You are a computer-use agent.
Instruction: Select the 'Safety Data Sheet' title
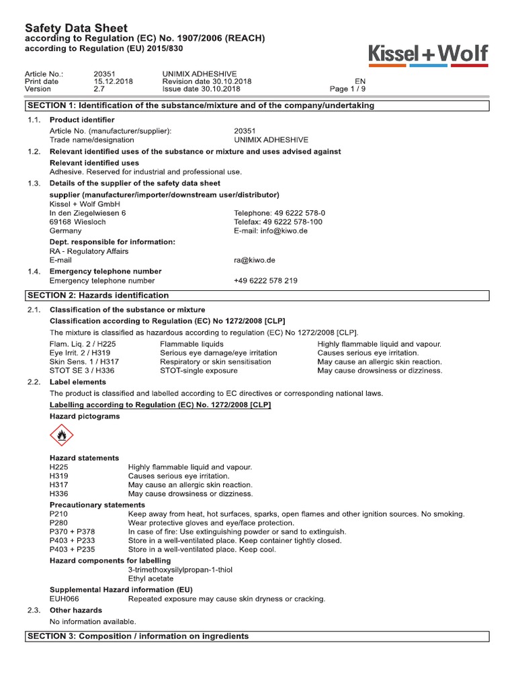pyautogui.click(x=76, y=28)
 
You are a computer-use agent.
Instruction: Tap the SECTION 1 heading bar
pyautogui.click(x=257, y=105)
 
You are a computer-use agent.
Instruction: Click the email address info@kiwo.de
pyautogui.click(x=266, y=230)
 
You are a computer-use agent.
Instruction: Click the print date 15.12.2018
pyautogui.click(x=114, y=81)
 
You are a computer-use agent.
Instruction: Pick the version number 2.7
pyautogui.click(x=99, y=89)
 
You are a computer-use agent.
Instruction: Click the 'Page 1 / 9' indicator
pyautogui.click(x=348, y=89)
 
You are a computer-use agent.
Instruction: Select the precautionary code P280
pyautogui.click(x=59, y=523)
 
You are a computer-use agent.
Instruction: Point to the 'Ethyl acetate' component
pyautogui.click(x=150, y=578)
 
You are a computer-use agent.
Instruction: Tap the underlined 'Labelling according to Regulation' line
pyautogui.click(x=161, y=404)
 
